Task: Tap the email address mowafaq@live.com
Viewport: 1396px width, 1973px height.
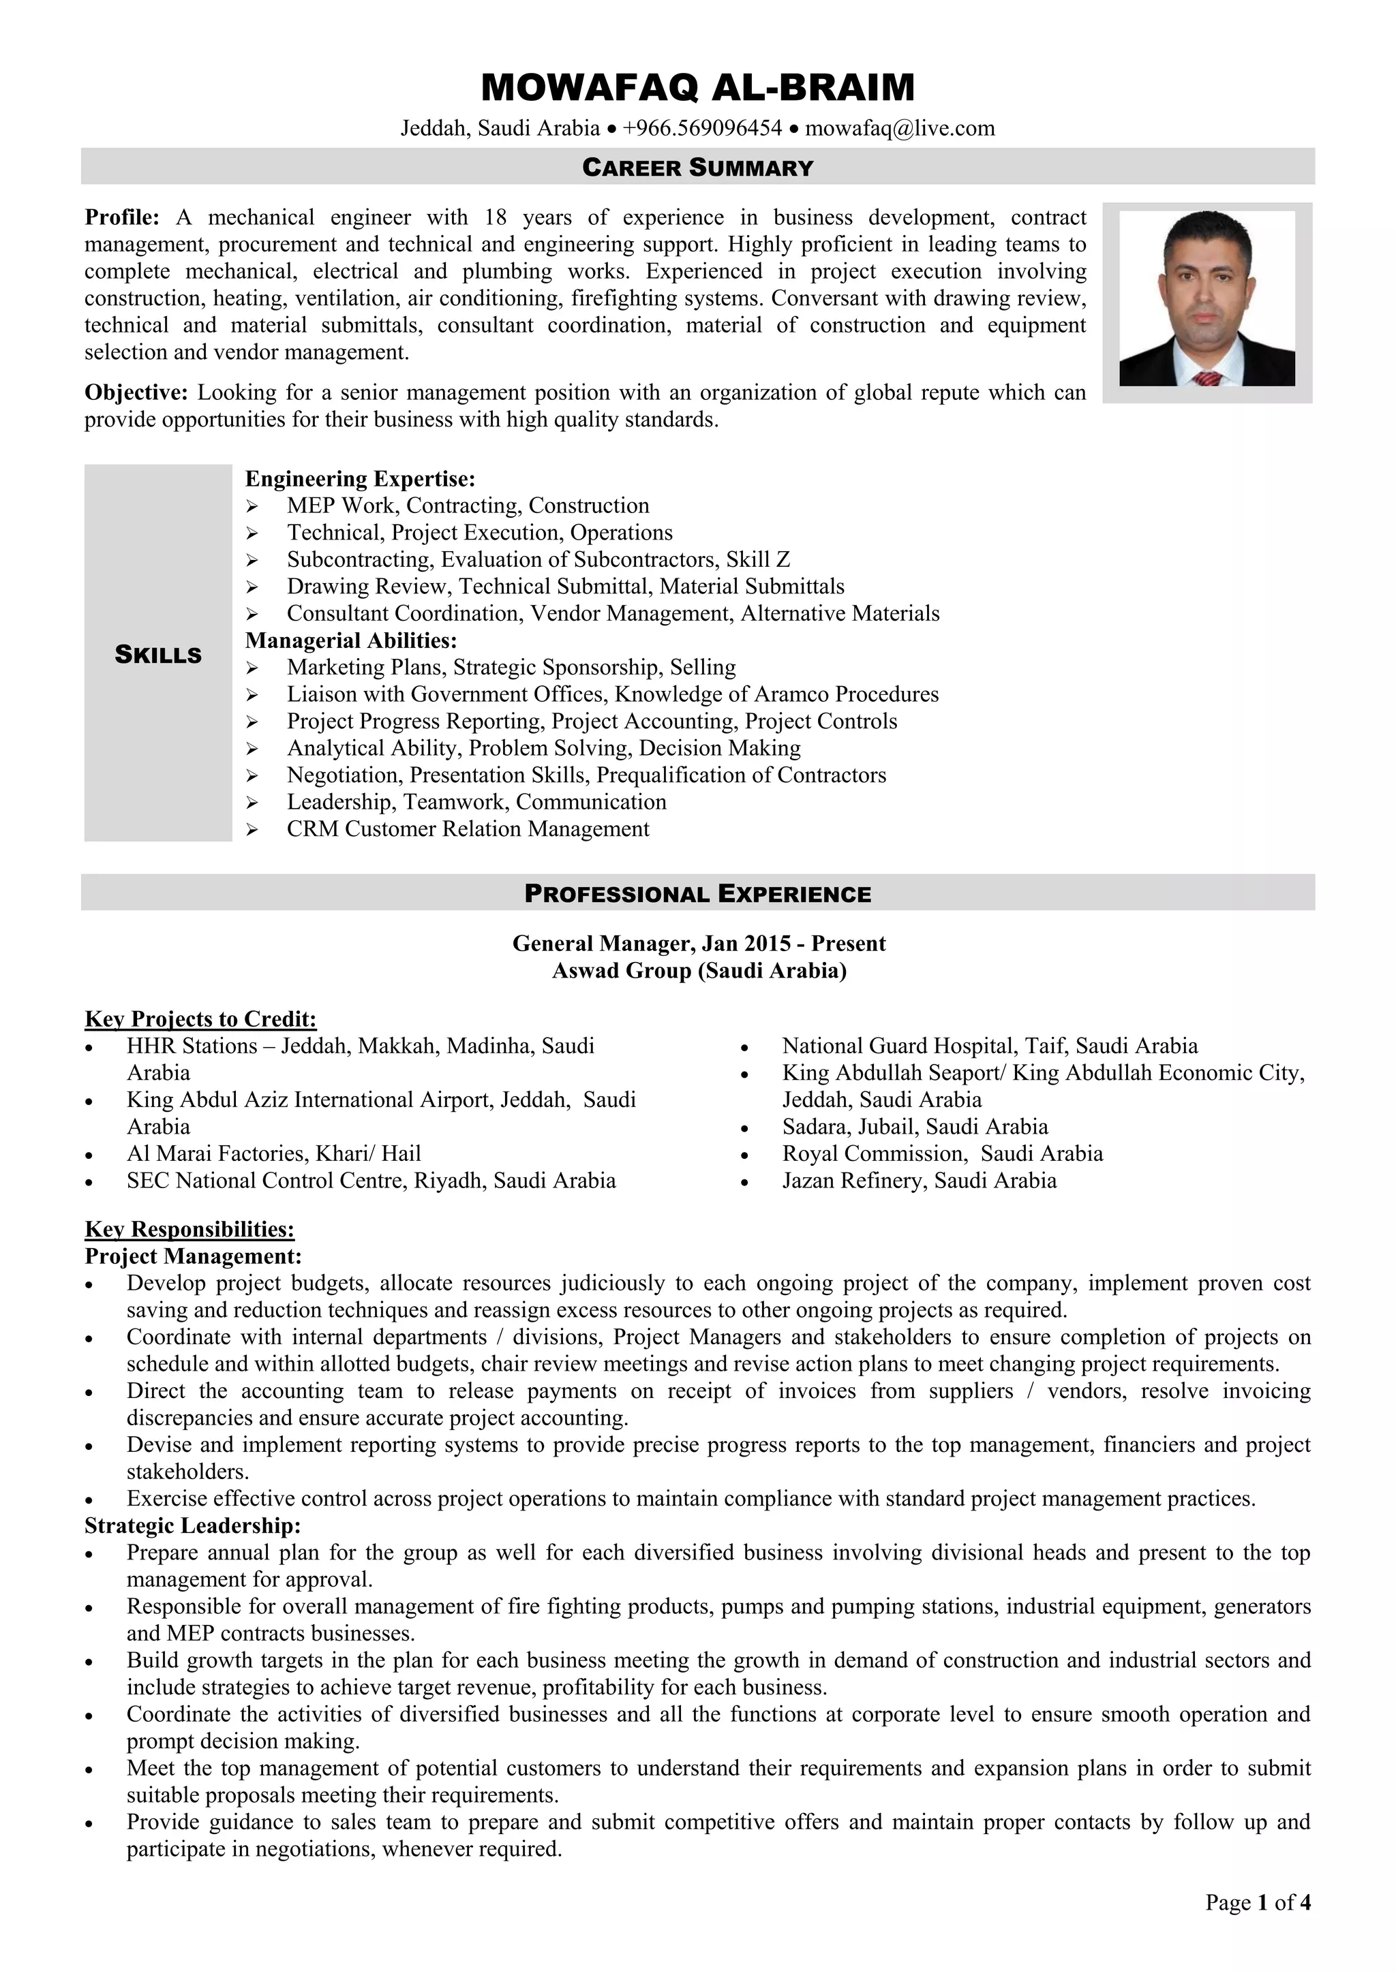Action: tap(899, 129)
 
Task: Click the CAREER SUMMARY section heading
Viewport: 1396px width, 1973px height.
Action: tap(697, 167)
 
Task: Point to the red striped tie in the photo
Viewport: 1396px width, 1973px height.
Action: tap(1208, 378)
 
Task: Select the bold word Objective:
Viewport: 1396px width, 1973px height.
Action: tap(136, 392)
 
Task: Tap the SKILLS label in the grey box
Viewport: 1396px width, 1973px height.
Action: tap(158, 655)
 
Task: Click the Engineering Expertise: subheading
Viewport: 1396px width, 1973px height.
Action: tap(360, 479)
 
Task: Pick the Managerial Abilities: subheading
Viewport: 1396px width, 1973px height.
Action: tap(351, 640)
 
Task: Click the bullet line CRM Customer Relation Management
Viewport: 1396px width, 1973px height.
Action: tap(468, 829)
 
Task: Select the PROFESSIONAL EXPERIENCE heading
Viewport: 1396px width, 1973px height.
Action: tap(697, 894)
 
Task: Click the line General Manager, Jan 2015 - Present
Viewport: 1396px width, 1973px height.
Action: tap(698, 944)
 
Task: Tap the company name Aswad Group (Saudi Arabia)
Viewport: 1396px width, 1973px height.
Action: tap(698, 971)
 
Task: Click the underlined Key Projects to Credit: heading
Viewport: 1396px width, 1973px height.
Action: tap(200, 1019)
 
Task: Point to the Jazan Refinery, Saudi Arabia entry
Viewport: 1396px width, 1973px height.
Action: tap(919, 1181)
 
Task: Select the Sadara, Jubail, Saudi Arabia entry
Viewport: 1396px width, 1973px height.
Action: tap(915, 1127)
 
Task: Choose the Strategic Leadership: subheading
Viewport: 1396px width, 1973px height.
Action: tap(192, 1526)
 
